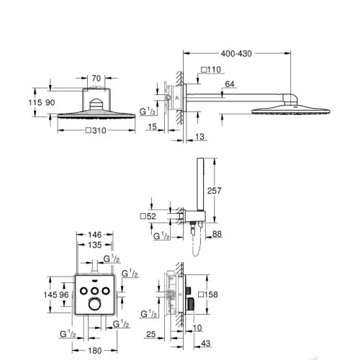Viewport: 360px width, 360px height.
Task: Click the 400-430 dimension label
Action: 236,54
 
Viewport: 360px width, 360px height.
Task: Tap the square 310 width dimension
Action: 96,130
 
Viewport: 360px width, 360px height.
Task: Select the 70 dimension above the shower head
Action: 96,78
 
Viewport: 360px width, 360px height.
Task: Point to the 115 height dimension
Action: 35,102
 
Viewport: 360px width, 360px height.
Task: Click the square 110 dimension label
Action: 211,70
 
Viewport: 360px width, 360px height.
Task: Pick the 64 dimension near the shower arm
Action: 230,84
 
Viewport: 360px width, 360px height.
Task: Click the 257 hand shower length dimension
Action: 214,191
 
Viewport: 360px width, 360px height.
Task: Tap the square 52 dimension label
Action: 148,216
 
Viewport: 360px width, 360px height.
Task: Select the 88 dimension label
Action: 217,234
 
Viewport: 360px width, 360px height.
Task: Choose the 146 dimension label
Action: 95,235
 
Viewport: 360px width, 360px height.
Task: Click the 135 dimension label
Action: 95,245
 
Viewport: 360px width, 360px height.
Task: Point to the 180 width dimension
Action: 95,351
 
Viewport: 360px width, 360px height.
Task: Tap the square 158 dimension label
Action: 208,294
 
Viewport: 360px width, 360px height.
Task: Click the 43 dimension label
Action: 206,343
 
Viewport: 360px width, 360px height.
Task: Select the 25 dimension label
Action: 151,334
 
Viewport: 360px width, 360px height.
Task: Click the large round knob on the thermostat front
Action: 94,304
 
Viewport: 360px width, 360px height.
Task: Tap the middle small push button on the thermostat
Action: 95,291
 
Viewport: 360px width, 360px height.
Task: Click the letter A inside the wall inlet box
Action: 177,98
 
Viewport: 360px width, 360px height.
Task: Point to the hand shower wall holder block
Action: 195,216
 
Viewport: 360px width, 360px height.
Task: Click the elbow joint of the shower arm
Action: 290,99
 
